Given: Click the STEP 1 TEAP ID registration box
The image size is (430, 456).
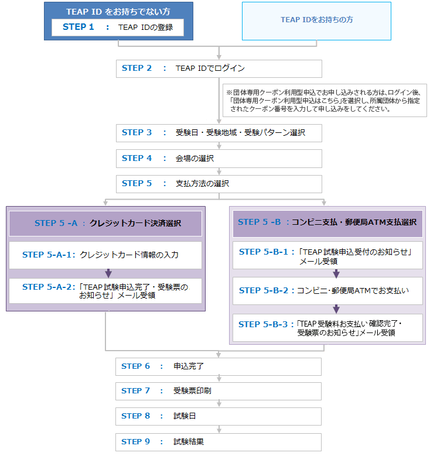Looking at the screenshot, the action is [118, 28].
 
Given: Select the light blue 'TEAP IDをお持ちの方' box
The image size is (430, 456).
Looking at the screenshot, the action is [316, 21].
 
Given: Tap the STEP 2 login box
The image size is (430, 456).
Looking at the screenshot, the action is [219, 68].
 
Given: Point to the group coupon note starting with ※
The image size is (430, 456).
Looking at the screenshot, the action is [325, 100].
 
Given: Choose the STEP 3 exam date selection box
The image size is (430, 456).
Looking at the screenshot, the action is [219, 133].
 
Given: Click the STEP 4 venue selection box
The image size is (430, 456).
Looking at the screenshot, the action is [219, 159].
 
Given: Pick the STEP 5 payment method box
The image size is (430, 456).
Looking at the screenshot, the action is [219, 184].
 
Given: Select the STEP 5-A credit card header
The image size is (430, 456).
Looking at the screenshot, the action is [105, 224].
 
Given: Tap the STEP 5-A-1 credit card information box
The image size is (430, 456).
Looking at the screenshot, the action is [105, 255].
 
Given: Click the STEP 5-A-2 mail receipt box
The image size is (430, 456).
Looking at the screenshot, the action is [105, 291].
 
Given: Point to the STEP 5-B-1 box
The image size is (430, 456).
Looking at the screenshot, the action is [327, 255].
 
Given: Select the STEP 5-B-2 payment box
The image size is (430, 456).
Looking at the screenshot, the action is [327, 291].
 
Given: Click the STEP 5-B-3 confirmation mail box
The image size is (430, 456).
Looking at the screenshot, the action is [327, 328].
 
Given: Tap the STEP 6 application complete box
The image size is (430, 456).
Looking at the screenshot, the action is [219, 366].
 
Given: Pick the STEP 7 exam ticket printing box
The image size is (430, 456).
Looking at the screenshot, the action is [219, 391].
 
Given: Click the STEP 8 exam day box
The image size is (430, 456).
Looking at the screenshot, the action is [219, 416].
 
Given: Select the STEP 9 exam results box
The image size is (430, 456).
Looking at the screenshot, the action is [219, 442].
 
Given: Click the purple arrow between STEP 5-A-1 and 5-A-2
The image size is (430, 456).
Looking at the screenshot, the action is [108, 273].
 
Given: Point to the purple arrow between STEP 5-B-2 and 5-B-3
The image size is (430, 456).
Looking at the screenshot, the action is [336, 309].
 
